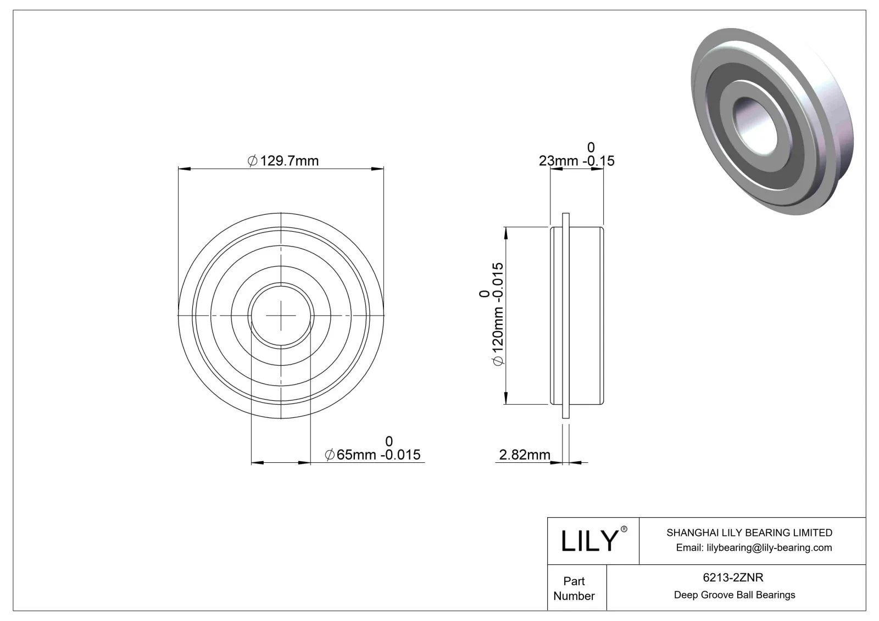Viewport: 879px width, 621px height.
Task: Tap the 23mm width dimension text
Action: (x=576, y=161)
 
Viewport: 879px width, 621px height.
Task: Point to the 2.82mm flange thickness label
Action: (x=525, y=455)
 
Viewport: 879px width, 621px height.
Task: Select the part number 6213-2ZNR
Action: (x=733, y=578)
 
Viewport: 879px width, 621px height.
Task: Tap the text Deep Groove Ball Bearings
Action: (x=734, y=595)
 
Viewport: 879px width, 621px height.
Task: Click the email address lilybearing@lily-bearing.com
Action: (x=754, y=547)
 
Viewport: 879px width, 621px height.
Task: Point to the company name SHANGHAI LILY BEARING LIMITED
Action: (x=749, y=533)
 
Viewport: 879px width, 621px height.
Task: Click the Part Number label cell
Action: (x=574, y=588)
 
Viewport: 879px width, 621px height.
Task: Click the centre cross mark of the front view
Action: (x=281, y=316)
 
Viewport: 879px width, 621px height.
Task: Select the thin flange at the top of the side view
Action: (x=565, y=220)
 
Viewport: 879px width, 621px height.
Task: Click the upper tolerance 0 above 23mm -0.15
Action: (x=591, y=147)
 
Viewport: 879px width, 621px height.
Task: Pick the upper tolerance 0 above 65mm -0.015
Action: (x=389, y=441)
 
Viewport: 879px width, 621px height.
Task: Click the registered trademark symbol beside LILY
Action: (x=624, y=529)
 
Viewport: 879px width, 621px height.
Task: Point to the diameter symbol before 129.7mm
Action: (x=253, y=161)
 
